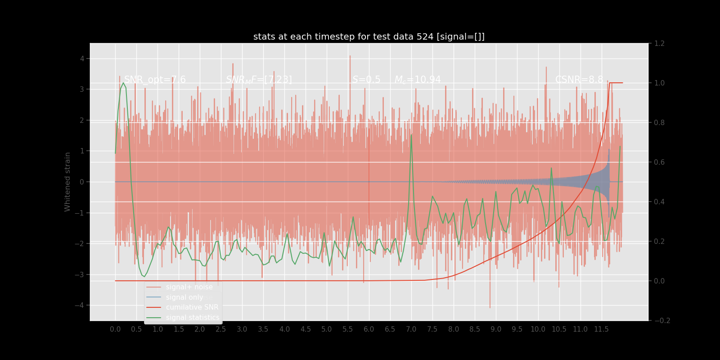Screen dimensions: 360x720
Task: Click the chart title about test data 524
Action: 369,37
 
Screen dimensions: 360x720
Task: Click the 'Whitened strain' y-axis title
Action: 67,182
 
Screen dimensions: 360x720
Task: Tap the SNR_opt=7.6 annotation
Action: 155,80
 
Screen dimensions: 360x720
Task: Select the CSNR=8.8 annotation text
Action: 579,80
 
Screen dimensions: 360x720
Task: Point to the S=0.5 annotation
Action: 366,80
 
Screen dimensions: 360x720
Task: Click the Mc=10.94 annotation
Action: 418,80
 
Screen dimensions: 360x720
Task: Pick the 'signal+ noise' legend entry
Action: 189,287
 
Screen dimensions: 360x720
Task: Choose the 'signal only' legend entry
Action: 184,297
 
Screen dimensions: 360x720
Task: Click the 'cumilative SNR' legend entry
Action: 192,307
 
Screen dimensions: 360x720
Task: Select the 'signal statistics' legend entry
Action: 193,318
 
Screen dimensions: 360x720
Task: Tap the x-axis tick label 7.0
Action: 411,329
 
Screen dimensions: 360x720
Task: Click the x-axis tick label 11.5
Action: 601,329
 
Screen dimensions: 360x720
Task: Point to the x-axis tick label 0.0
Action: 115,329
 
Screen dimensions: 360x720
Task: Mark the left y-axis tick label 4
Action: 82,58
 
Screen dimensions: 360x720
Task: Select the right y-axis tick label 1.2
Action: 659,44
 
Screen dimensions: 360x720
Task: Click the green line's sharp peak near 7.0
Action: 411,135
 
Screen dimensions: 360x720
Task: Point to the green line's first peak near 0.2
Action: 123,83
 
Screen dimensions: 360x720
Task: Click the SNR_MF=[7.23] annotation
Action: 259,80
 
